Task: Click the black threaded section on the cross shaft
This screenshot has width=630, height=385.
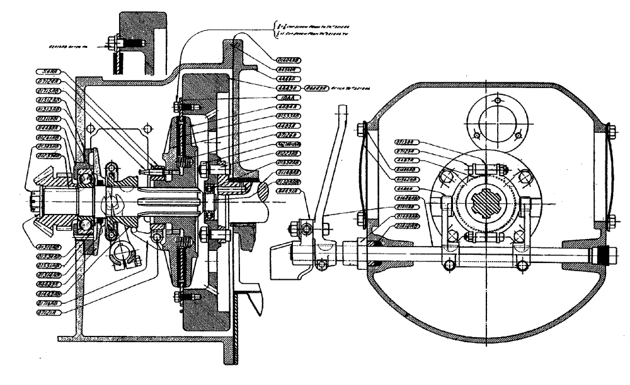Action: click(x=602, y=257)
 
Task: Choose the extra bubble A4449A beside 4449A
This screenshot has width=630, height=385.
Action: click(x=320, y=88)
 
